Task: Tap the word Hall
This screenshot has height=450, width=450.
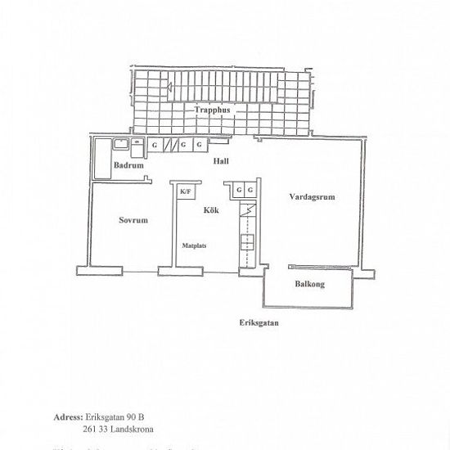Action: tap(220, 161)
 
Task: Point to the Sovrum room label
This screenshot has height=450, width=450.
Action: tap(133, 220)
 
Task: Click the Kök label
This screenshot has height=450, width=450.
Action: tap(210, 210)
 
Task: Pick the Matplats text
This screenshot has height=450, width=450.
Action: tap(194, 245)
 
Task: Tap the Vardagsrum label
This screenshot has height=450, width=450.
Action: tap(312, 197)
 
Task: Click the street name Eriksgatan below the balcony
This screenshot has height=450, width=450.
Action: tap(259, 322)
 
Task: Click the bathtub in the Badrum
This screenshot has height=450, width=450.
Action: tap(102, 160)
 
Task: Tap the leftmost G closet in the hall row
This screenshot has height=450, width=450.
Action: tap(154, 145)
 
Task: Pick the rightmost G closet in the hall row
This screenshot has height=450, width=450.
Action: tap(200, 145)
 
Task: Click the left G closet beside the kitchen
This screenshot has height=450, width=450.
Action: tap(238, 191)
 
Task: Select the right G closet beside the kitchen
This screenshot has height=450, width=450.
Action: tap(250, 191)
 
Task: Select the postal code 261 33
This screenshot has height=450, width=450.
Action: tap(95, 428)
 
